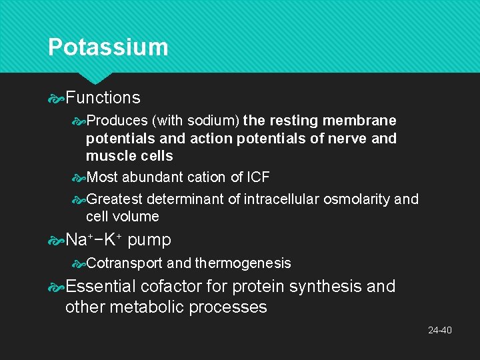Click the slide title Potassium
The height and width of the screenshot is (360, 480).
click(x=108, y=47)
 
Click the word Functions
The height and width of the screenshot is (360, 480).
click(x=103, y=98)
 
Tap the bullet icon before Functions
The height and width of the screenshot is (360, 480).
click(x=56, y=99)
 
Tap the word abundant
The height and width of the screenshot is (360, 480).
click(x=149, y=177)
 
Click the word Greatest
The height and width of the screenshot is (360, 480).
click(x=115, y=199)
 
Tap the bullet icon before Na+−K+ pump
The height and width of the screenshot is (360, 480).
click(x=56, y=240)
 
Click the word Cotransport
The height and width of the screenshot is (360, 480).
click(x=125, y=263)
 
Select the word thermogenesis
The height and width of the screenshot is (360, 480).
click(x=243, y=263)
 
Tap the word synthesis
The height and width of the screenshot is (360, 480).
click(x=320, y=287)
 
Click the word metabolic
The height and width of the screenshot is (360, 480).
click(x=143, y=307)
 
